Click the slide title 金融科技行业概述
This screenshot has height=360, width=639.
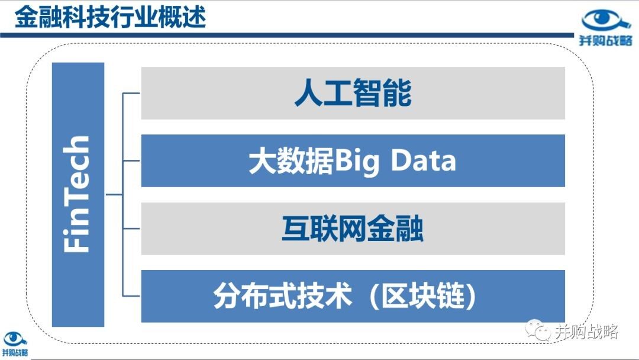click(111, 17)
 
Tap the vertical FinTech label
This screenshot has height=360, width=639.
click(76, 194)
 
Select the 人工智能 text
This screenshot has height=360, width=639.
click(353, 93)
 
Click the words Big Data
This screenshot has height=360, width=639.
click(395, 161)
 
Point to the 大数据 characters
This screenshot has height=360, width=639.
click(291, 161)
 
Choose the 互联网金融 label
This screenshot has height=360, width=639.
click(353, 229)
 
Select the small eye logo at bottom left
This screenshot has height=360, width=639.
click(15, 339)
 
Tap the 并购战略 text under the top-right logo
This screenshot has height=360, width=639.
click(606, 40)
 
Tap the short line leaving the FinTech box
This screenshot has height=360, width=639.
click(114, 194)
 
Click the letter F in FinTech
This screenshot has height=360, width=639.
click(76, 243)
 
